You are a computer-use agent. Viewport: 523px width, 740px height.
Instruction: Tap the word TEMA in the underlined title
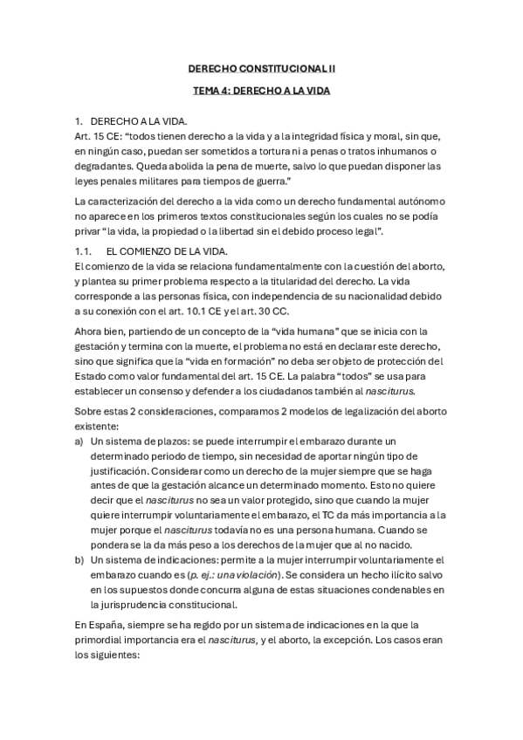[x=204, y=89]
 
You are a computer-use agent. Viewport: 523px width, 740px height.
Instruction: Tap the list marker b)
[x=79, y=560]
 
